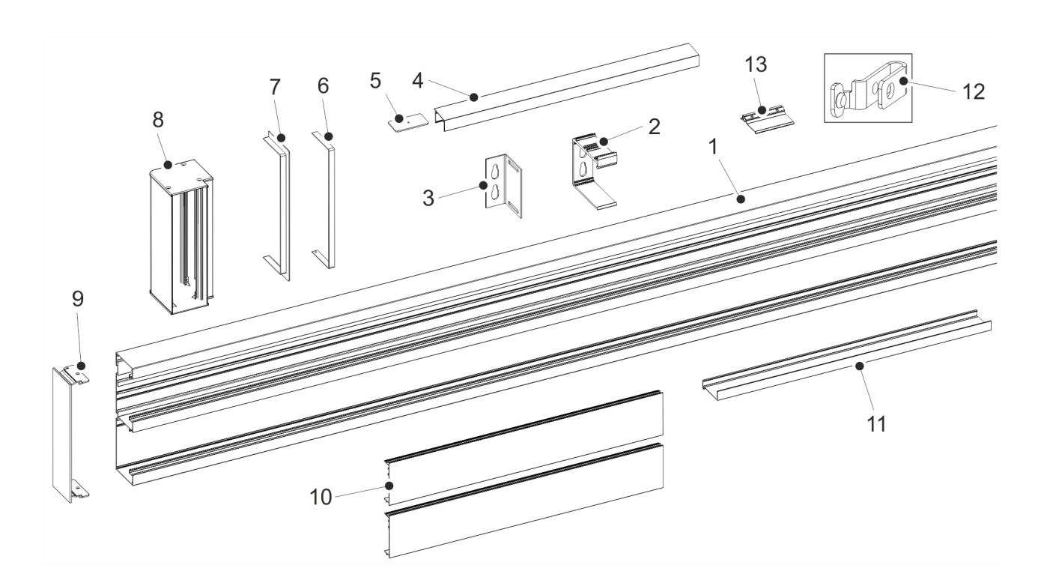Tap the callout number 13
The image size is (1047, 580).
[x=756, y=64]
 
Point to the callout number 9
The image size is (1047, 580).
[x=78, y=299]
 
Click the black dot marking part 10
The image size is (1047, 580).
[x=389, y=486]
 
